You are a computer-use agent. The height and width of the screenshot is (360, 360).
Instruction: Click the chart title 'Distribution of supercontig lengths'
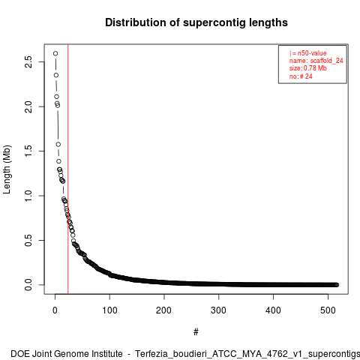pyautogui.click(x=196, y=22)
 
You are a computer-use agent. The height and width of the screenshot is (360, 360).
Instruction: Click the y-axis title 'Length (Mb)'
pyautogui.click(x=7, y=169)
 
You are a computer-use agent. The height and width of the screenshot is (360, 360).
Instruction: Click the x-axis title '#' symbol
pyautogui.click(x=196, y=332)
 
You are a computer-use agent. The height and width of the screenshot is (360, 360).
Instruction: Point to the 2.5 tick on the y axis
pyautogui.click(x=28, y=62)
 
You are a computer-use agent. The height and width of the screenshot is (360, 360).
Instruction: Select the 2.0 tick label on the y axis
pyautogui.click(x=28, y=106)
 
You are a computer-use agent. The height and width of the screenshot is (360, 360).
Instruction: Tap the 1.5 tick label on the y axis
pyautogui.click(x=28, y=151)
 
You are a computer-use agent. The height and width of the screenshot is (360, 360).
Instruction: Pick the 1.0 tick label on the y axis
pyautogui.click(x=28, y=196)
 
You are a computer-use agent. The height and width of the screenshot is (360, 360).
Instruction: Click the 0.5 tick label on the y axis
pyautogui.click(x=28, y=240)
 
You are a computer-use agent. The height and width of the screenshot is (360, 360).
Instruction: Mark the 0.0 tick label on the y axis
pyautogui.click(x=28, y=285)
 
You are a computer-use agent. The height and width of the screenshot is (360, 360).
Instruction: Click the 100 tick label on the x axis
pyautogui.click(x=109, y=310)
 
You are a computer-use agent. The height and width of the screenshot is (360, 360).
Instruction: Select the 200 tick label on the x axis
pyautogui.click(x=164, y=310)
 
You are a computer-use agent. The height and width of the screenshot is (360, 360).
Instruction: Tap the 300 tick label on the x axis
pyautogui.click(x=218, y=310)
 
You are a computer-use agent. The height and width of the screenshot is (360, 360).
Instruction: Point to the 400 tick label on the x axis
pyautogui.click(x=273, y=310)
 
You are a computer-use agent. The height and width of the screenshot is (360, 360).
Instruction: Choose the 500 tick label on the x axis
pyautogui.click(x=328, y=310)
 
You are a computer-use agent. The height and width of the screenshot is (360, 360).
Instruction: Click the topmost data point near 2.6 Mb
pyautogui.click(x=55, y=53)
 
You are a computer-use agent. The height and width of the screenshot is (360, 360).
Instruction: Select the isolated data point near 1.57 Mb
pyautogui.click(x=58, y=145)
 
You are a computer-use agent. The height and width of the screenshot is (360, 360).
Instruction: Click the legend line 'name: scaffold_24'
pyautogui.click(x=316, y=61)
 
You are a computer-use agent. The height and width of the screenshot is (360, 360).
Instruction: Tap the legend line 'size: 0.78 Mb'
pyautogui.click(x=308, y=68)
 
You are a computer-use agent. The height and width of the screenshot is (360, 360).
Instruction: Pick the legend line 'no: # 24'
pyautogui.click(x=301, y=76)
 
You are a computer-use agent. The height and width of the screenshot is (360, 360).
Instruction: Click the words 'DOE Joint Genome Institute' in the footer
pyautogui.click(x=67, y=354)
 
